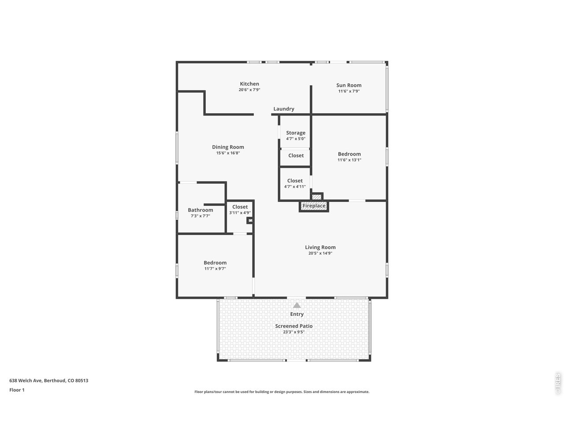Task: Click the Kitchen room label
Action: coord(249,84)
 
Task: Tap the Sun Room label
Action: coord(349,85)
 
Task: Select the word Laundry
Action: coord(284,109)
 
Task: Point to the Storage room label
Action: coord(296,133)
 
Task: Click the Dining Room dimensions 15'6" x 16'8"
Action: coord(228,153)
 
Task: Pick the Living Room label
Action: coord(320,247)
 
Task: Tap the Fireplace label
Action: coord(314,206)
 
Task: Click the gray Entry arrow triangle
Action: coord(297,305)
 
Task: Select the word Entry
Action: coord(297,314)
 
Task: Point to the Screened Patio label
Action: coord(294,326)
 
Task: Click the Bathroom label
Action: coord(200,210)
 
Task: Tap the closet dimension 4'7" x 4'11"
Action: coord(295,187)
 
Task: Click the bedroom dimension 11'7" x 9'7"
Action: coord(215,269)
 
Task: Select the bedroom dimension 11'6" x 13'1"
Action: coord(349,160)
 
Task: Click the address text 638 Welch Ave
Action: coord(26,380)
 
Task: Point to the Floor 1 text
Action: coord(17,390)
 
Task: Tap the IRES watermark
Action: coord(557,383)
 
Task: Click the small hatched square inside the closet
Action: coord(250,220)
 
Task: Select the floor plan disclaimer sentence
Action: coord(282,392)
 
